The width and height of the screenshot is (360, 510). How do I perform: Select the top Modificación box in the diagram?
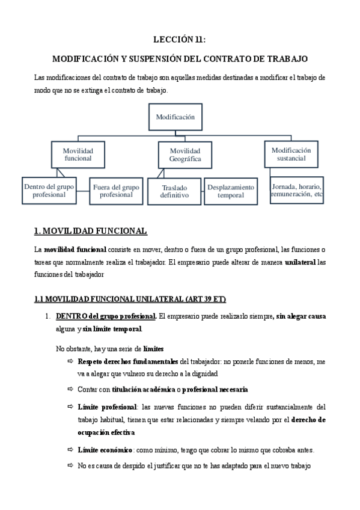[x=175, y=117]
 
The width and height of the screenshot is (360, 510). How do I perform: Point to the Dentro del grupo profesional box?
[x=49, y=191]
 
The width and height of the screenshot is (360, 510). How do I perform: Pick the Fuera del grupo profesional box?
[x=116, y=191]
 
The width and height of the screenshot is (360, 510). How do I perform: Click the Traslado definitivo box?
[x=174, y=191]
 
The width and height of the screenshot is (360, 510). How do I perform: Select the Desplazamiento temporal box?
[x=231, y=191]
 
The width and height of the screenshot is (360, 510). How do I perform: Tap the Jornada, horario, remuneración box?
[x=296, y=191]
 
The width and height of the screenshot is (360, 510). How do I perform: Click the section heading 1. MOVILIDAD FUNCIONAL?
[x=90, y=231]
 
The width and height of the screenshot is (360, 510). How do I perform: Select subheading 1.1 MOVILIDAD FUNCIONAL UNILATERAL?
[x=129, y=299]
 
